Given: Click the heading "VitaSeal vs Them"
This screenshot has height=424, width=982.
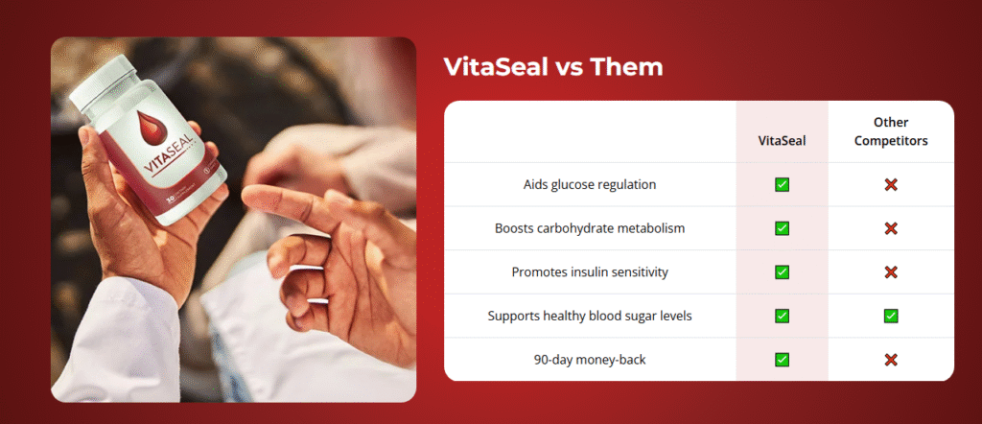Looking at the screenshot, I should click(x=552, y=67).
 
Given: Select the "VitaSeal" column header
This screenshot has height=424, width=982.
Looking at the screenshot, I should click(x=782, y=140).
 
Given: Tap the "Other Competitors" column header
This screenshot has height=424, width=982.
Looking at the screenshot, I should click(x=891, y=131).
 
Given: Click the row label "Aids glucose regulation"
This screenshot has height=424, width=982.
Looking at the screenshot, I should click(x=590, y=184).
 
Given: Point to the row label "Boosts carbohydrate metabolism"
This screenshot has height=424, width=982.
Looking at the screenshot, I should click(x=590, y=228).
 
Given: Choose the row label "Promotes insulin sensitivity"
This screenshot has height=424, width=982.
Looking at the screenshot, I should click(x=590, y=272).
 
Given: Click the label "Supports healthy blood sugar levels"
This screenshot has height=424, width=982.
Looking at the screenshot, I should click(x=590, y=316).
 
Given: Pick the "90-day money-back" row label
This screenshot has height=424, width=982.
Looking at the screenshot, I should click(x=590, y=360).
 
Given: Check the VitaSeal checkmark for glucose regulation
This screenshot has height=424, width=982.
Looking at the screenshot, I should click(x=782, y=184).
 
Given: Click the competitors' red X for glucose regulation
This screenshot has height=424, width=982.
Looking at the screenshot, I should click(x=891, y=184).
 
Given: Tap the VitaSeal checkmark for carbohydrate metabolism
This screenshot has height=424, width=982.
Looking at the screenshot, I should click(x=782, y=228).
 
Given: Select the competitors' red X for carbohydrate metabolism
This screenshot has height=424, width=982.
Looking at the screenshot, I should click(x=891, y=228).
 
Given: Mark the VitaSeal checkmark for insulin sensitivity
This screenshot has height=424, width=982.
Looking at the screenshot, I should click(x=782, y=272).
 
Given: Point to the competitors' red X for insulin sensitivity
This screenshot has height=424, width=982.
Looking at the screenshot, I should click(x=891, y=272).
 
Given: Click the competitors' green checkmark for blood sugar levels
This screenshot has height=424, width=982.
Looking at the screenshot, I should click(x=891, y=316).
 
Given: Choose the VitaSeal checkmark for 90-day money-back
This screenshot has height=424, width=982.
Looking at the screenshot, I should click(x=782, y=360).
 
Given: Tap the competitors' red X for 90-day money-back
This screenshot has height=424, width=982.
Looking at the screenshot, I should click(x=891, y=360).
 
